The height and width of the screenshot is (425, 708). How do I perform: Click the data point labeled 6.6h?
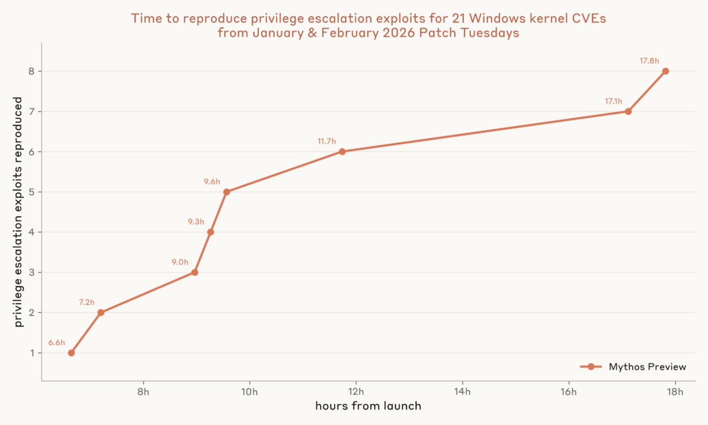(x=71, y=353)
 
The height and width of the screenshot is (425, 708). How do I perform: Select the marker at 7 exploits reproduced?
(x=628, y=112)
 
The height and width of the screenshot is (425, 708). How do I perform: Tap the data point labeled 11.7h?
(x=342, y=152)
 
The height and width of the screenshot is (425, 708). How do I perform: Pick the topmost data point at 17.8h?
(x=665, y=71)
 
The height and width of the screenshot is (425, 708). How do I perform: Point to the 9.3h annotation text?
(x=196, y=222)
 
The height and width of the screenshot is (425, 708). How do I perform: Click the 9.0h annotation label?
(x=180, y=262)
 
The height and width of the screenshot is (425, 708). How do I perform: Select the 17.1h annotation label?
(x=613, y=101)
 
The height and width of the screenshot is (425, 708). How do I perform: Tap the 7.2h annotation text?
(x=87, y=302)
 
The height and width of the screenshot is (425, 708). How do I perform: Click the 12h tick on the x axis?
(x=356, y=392)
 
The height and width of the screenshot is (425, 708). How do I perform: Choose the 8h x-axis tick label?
(x=143, y=392)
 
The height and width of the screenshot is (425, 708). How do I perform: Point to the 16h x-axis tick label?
(x=569, y=392)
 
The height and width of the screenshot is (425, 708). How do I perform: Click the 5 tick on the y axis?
(x=32, y=192)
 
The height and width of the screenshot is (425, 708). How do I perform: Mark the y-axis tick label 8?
(x=32, y=71)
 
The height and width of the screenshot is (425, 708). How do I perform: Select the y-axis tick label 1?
(x=32, y=353)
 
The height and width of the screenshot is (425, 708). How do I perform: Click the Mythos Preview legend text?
(x=648, y=367)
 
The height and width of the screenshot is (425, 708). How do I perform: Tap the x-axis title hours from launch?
(x=368, y=406)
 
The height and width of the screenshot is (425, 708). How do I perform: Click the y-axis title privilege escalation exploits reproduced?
(x=18, y=212)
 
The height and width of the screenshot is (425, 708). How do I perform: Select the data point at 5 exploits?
(x=227, y=192)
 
